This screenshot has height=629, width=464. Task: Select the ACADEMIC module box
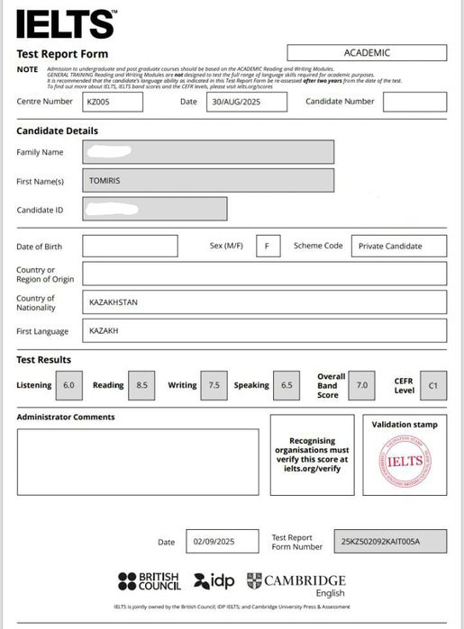point(367,53)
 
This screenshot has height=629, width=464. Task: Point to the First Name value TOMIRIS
point(207,181)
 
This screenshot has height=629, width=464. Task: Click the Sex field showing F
point(267,246)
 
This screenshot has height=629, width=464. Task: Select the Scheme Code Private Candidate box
point(388,246)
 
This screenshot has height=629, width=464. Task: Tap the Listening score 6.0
point(68,385)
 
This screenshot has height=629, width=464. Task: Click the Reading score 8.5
point(141,385)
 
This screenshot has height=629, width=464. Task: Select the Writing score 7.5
point(214,385)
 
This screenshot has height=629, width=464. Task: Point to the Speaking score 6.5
point(287,385)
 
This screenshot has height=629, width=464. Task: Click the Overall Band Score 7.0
point(362,385)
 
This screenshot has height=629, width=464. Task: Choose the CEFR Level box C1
point(432,385)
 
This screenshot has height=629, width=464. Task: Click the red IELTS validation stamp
point(405,461)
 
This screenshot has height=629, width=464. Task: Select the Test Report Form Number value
point(389,542)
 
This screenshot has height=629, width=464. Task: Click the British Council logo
point(150,581)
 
